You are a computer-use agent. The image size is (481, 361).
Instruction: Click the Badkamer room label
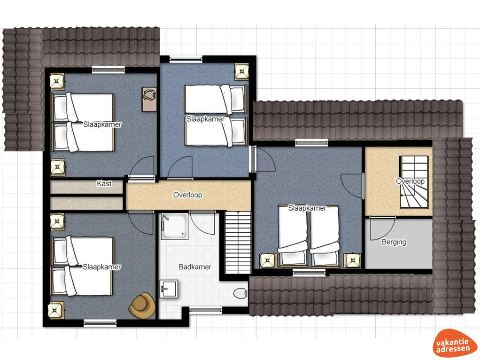pos(195,267)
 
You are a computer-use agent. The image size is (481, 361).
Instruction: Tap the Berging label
pos(394,242)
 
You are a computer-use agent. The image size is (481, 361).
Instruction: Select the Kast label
pos(104,184)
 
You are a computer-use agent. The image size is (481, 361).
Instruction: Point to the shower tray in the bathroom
pos(175,226)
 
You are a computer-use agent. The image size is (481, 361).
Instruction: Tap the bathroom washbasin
pos(169,289)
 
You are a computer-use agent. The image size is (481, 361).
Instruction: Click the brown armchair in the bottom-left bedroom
pos(142,306)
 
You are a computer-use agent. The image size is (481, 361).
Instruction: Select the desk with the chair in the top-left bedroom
pos(149,99)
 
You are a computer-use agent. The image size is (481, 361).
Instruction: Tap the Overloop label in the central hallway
pos(187,195)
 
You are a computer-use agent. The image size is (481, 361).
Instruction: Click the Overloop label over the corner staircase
pos(410,181)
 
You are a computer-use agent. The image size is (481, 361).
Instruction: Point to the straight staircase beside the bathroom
pos(238,243)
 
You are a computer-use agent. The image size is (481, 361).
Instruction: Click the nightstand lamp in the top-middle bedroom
pos(242,72)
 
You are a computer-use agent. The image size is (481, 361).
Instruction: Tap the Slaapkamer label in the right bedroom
pos(307,208)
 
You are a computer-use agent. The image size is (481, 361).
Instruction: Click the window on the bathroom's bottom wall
pos(206,310)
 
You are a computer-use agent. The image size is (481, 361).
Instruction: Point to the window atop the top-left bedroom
pos(109,70)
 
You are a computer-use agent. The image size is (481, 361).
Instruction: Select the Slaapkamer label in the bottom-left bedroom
pos(102,267)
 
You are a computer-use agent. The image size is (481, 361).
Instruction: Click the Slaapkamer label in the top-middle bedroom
pos(206,119)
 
